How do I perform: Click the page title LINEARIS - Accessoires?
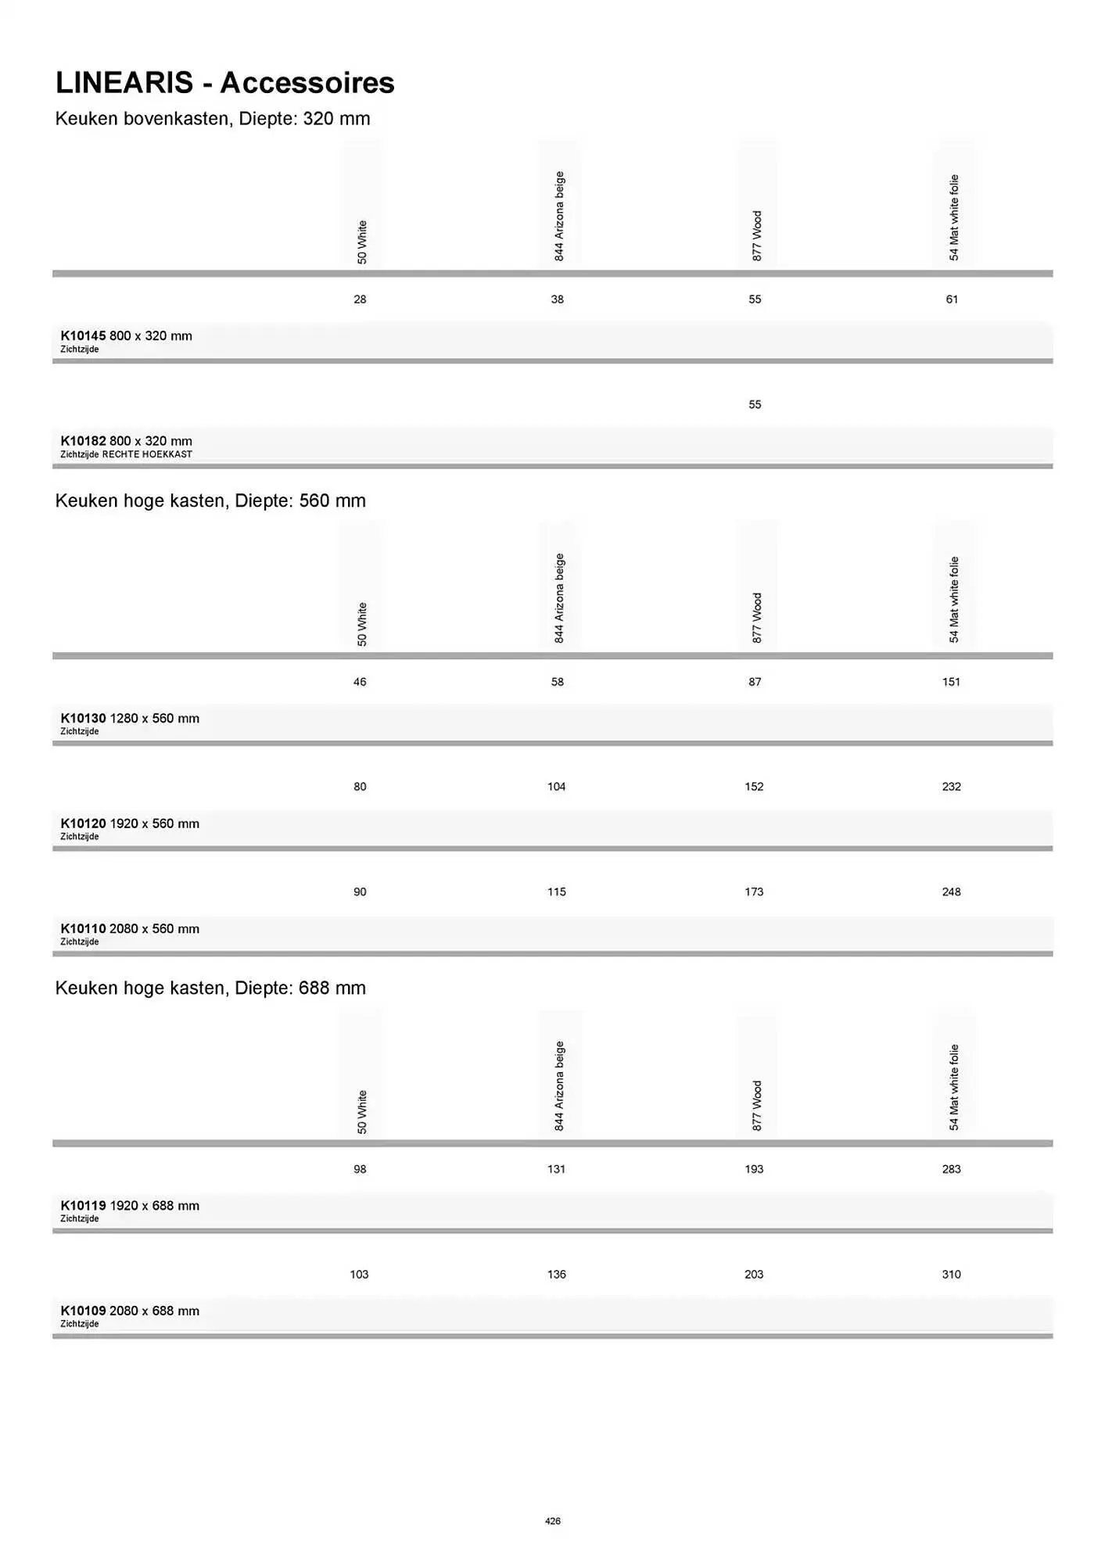click(x=224, y=83)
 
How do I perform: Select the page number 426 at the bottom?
click(x=552, y=1521)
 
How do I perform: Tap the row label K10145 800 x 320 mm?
click(x=126, y=336)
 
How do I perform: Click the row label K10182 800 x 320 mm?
click(x=126, y=441)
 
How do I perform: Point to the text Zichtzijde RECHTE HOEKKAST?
click(x=126, y=454)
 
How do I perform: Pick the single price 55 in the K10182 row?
click(x=755, y=404)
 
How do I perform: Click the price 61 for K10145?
click(x=952, y=300)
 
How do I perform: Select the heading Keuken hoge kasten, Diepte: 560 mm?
click(x=210, y=500)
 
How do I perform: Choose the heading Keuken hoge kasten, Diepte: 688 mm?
click(x=210, y=988)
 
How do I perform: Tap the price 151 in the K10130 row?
click(x=951, y=682)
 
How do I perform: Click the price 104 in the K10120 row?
click(x=557, y=787)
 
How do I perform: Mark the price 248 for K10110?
click(x=951, y=892)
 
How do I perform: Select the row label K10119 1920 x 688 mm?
click(x=130, y=1206)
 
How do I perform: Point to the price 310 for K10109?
click(x=951, y=1275)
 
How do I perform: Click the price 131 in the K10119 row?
click(x=557, y=1169)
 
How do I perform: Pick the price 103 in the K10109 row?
click(x=359, y=1275)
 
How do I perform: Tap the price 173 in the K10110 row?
click(x=754, y=892)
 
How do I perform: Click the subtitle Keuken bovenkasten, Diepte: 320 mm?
click(x=213, y=119)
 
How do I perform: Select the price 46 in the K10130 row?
click(x=360, y=682)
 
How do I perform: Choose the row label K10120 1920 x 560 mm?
click(x=130, y=823)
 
